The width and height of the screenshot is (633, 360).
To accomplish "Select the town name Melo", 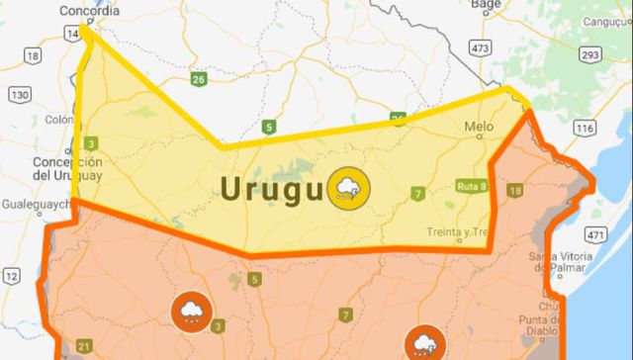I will [x=477, y=128].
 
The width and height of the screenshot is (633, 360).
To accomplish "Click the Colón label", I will [x=59, y=121].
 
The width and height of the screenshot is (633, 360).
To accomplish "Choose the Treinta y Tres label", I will [x=458, y=230].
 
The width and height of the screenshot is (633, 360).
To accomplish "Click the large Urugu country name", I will [x=275, y=188].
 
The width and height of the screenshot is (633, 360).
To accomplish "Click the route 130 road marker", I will [x=19, y=94].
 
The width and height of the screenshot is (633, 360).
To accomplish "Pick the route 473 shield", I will [x=481, y=47].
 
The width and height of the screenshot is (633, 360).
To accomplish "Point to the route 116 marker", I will [x=586, y=130].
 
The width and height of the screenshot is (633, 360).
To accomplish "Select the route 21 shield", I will [x=83, y=345].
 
